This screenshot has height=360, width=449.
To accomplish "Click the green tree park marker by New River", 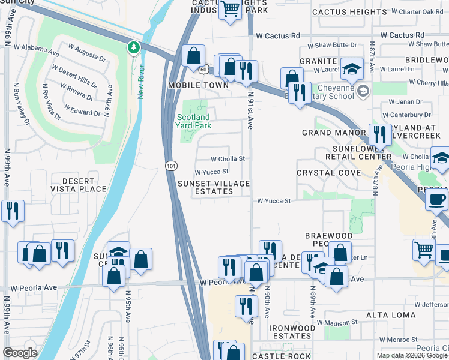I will coord(133,47).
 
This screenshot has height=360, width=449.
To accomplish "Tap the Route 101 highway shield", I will coord(171,164).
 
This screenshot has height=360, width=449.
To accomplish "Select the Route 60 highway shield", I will coord(204,70).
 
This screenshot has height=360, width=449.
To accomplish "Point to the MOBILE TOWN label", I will coord(198,85).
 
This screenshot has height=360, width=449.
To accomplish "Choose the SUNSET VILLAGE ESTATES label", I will coord(213,187).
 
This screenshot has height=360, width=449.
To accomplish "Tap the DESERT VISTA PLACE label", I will coord(79,185).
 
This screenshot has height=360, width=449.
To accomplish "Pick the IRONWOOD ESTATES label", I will coord(292,332).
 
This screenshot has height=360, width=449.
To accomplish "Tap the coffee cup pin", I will coord(436,199).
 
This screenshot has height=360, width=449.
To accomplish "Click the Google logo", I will coord(20,353).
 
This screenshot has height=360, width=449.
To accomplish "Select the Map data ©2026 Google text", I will coord(412,355).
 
